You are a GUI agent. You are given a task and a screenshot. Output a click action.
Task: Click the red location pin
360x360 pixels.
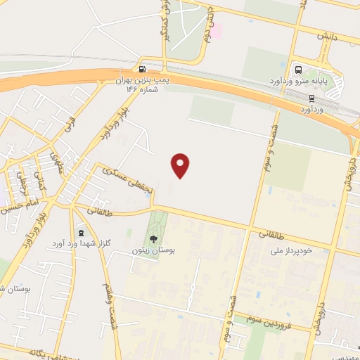[181, 165]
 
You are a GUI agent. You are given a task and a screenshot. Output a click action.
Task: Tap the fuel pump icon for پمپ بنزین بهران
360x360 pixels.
[143, 70]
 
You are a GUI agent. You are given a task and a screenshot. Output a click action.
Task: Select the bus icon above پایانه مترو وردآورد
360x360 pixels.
[298, 70]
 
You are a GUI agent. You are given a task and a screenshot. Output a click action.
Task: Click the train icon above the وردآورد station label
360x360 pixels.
[311, 98]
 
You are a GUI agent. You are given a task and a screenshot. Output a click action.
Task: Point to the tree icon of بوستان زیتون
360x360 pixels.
[154, 239]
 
